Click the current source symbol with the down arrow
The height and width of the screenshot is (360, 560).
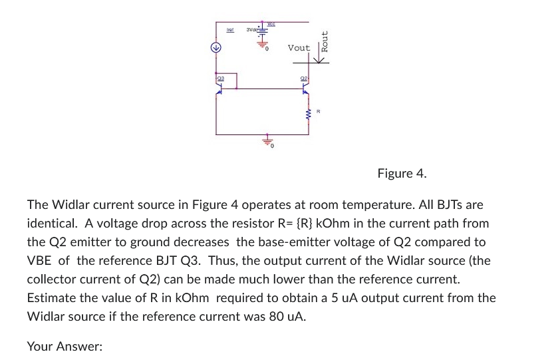click(x=215, y=48)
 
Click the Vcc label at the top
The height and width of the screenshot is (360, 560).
click(x=271, y=23)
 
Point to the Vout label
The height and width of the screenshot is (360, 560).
click(x=299, y=48)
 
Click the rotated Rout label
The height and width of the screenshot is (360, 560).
click(x=325, y=41)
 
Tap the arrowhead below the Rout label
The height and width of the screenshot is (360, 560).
click(x=321, y=61)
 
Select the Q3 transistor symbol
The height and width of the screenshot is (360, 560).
click(x=219, y=88)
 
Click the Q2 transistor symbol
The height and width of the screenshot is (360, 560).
click(x=305, y=88)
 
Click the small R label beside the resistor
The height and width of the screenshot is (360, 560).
click(x=319, y=112)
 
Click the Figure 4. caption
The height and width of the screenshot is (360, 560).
click(x=402, y=174)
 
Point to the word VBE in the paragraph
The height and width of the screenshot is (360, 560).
click(x=39, y=261)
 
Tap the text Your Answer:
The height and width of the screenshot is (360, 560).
click(x=65, y=346)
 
